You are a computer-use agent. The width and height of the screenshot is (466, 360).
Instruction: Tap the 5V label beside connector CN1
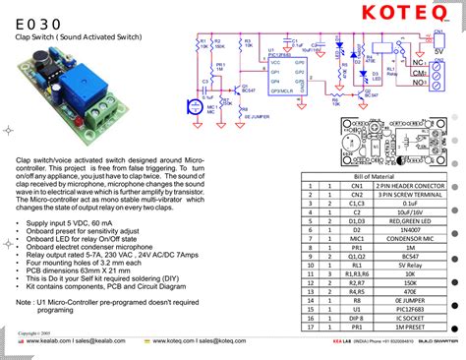pos(438,50)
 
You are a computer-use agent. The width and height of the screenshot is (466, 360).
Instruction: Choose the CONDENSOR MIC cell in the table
pos(408,236)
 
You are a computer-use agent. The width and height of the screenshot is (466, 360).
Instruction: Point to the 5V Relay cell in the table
pos(408,264)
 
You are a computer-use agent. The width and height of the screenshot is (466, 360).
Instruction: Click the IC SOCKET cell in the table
pos(408,319)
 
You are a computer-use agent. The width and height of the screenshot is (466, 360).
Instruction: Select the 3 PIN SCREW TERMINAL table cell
pos(408,195)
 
